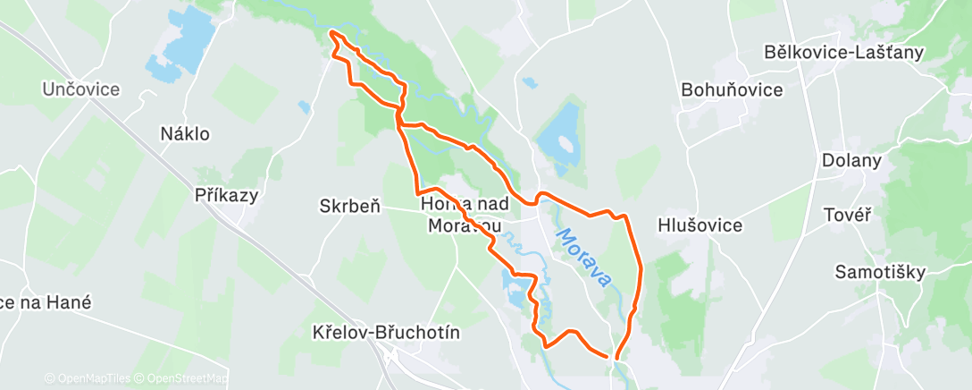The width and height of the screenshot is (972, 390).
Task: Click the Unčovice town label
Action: pos(81,89)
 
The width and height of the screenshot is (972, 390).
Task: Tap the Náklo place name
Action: pos(185,134)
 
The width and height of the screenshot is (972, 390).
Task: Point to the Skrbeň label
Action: pos(350,206)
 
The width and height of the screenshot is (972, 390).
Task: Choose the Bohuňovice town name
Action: pos(732,89)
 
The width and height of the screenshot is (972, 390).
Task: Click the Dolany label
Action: pos(851,161)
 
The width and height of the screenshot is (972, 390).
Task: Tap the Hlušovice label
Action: pos(700,225)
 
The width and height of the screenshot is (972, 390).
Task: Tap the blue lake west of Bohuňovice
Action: pos(561,139)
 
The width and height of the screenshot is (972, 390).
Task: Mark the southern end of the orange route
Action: pos(616,358)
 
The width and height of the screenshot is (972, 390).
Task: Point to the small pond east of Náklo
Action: pos(306,107)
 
